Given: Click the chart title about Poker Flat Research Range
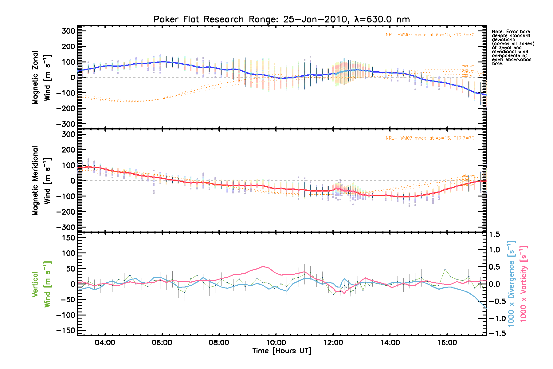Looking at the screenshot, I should click(281, 19).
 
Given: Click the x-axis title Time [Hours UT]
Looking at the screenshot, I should click(281, 351).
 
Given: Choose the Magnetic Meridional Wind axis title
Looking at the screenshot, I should click(41, 181).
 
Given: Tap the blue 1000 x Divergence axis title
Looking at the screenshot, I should click(511, 284).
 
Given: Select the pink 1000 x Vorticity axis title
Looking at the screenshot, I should click(524, 284).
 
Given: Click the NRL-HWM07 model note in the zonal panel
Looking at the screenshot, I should click(430, 35).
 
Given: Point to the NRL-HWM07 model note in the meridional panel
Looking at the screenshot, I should click(430, 138).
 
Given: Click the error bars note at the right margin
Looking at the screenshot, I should click(512, 48).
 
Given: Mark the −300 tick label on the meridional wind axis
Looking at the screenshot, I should click(66, 227).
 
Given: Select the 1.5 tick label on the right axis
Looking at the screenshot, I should click(494, 235).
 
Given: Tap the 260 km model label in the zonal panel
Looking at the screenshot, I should click(468, 66).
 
